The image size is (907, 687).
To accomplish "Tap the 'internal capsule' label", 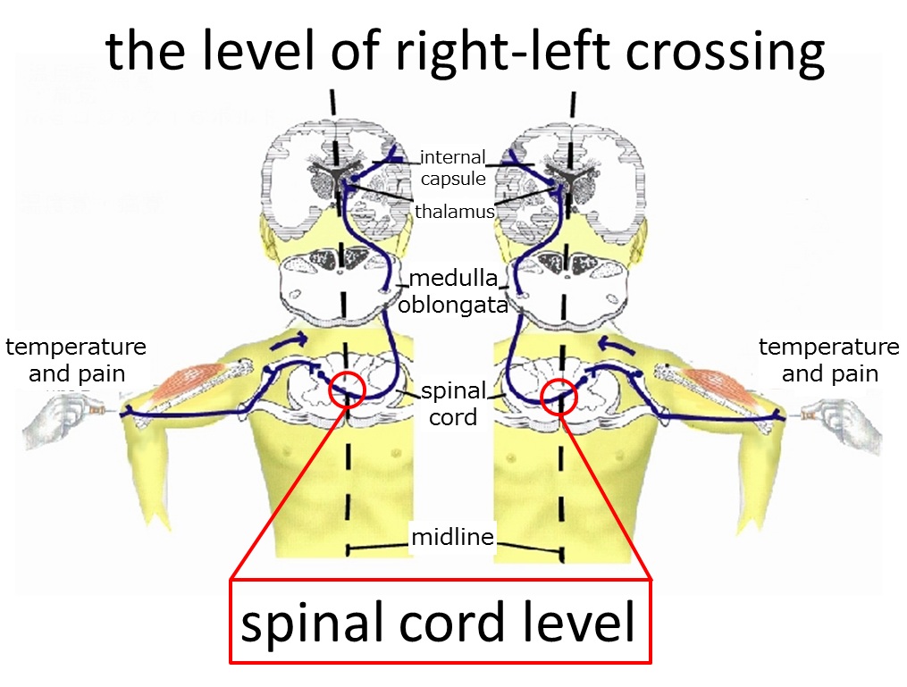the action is pos(453,168).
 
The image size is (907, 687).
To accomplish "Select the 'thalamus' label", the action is pos(455,212).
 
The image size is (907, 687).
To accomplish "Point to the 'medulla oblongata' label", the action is pos(453,291).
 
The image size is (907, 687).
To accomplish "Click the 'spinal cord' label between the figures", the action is pos(454,404).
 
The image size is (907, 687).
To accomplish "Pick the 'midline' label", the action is pos(452,537).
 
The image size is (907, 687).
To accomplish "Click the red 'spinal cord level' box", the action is pos(441,621).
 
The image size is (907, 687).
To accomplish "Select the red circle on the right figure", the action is pos(542,397).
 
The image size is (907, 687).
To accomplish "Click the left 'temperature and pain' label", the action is pos(76,360).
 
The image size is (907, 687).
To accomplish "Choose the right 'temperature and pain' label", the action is pos(829,360).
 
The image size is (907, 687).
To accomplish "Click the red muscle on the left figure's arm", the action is pos(189,383).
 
